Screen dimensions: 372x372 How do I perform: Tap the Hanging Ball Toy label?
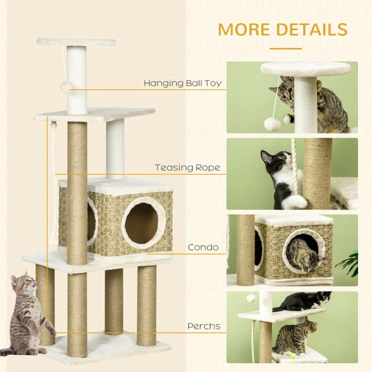[183, 83]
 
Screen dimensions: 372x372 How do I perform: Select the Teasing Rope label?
[188, 168]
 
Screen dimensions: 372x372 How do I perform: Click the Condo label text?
[203, 247]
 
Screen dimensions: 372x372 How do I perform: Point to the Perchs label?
[204, 326]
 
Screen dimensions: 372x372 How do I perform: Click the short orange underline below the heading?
[285, 49]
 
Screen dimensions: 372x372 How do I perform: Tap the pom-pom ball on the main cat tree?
[67, 86]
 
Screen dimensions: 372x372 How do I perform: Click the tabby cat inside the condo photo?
[302, 254]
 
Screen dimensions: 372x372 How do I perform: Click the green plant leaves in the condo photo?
[349, 263]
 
